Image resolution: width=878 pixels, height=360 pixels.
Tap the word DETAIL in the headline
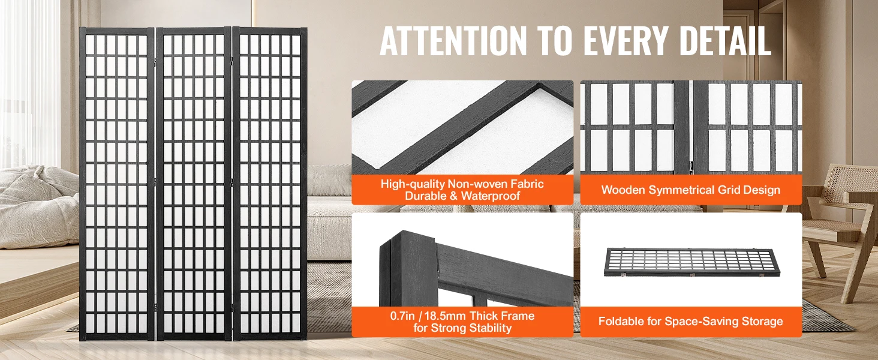coord(725,41)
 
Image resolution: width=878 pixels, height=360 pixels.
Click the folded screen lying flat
coord(692,262)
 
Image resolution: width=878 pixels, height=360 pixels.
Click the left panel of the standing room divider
coord(117,184)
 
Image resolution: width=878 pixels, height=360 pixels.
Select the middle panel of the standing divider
coord(194,184)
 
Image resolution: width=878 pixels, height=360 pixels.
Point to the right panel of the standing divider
coord(270,184)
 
